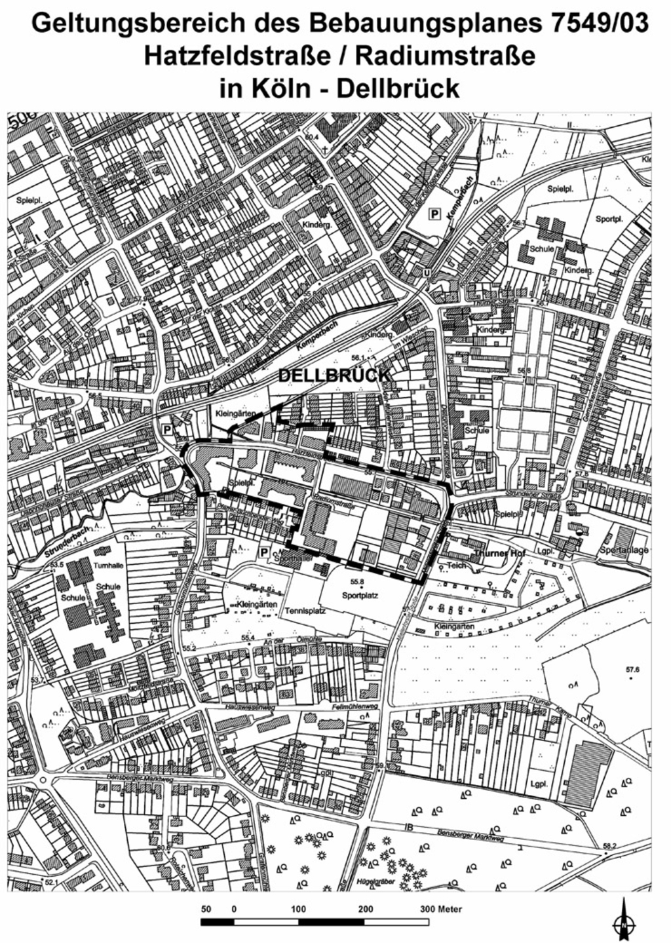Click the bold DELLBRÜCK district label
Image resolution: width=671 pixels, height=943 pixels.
tap(334, 376)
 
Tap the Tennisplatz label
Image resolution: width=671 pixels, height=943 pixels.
tap(305, 610)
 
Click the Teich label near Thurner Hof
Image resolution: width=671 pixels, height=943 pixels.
tap(457, 565)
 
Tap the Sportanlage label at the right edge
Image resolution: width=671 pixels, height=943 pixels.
tap(624, 550)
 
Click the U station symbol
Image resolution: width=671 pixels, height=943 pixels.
tap(428, 272)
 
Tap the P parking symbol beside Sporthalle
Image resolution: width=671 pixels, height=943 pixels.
tap(264, 552)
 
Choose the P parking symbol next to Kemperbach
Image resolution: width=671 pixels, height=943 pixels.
tap(433, 213)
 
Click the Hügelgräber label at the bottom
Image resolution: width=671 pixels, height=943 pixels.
tap(369, 882)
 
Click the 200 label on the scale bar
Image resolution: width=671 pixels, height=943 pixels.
tap(365, 910)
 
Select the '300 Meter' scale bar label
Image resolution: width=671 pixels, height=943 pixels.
tap(440, 910)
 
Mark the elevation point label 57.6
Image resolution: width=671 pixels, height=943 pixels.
tap(632, 670)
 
